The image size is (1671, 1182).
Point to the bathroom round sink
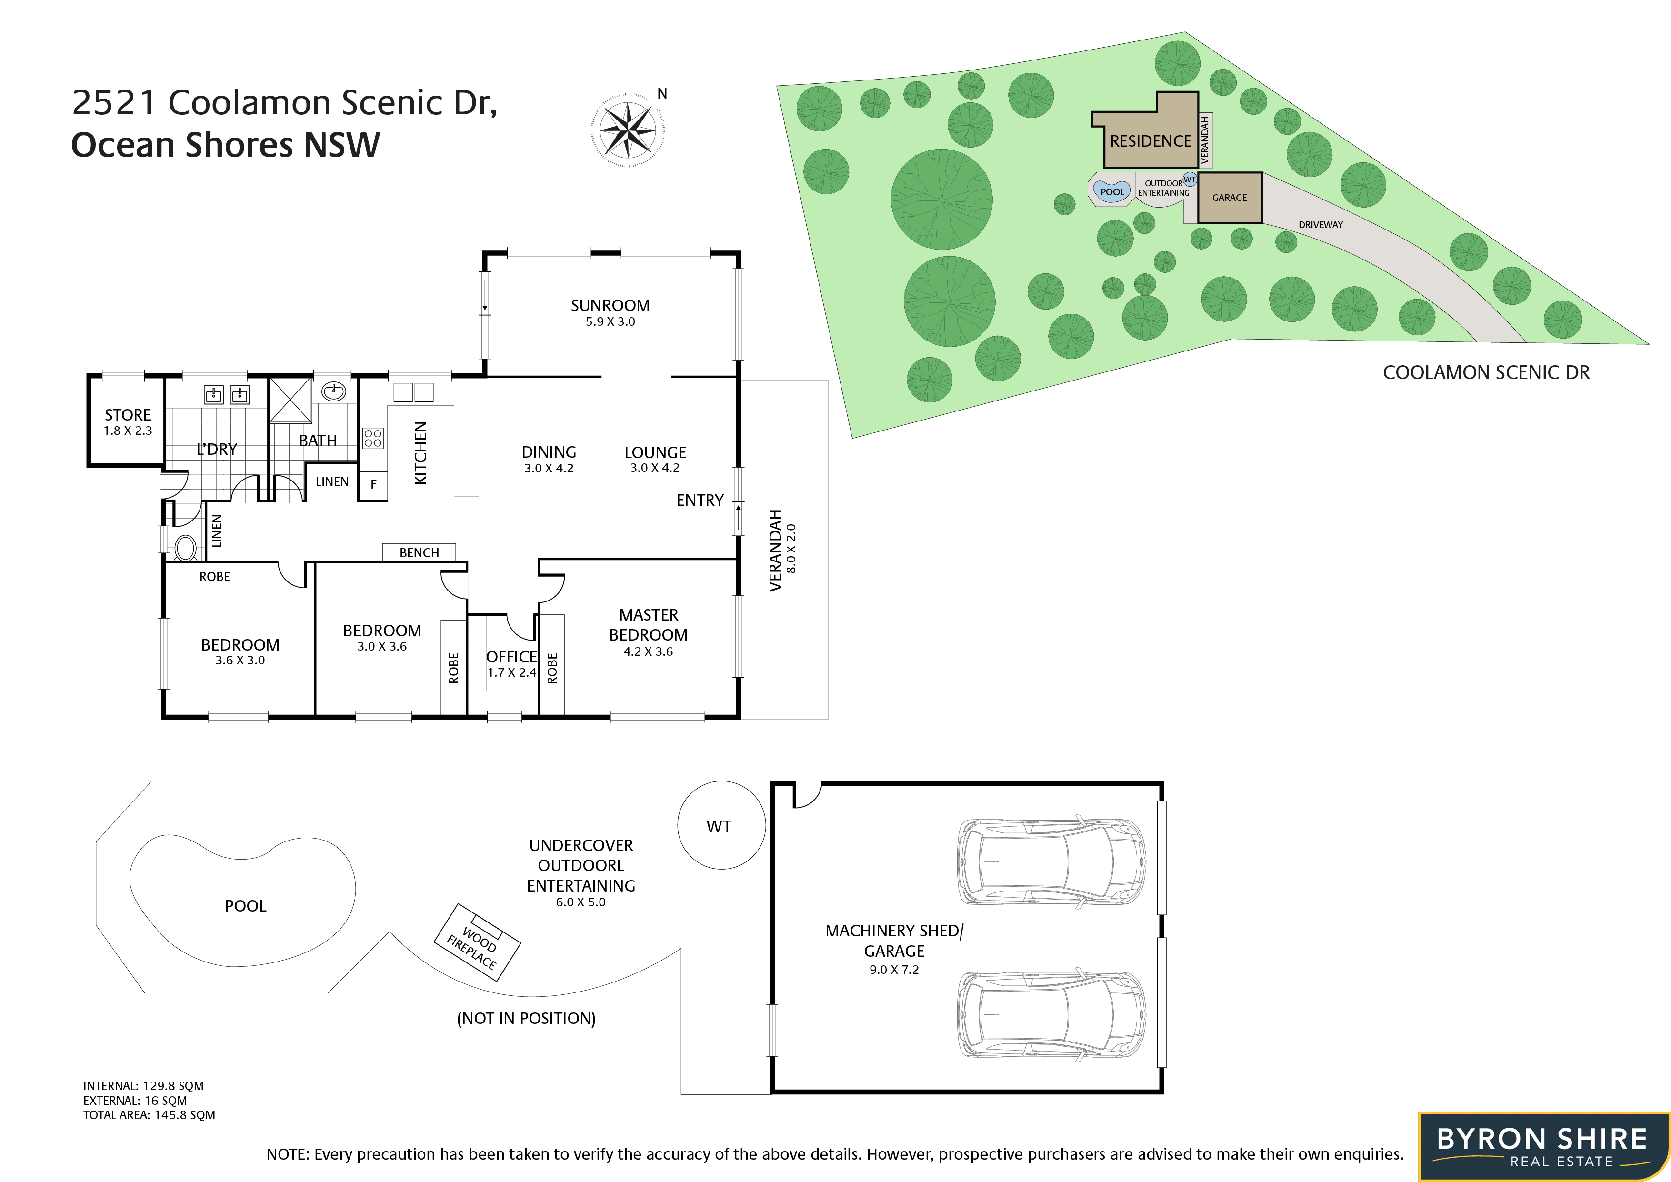tap(334, 391)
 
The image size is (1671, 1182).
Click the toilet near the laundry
tap(186, 547)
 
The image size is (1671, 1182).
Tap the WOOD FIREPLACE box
tap(478, 942)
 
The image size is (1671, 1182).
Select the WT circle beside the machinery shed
tap(721, 825)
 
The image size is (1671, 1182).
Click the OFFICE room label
tap(511, 657)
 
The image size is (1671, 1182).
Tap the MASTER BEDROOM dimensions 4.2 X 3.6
tap(648, 652)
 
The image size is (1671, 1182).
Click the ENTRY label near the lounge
tap(700, 501)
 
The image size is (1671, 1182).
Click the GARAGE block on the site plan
tap(1229, 197)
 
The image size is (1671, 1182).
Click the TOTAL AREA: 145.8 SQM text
tap(149, 1115)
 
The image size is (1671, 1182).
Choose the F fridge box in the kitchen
tap(373, 484)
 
